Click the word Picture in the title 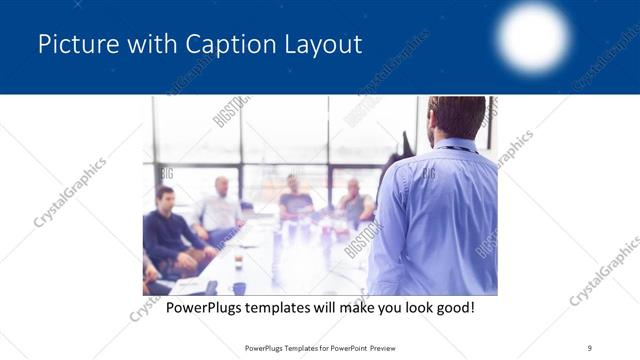(x=73, y=44)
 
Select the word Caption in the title (x=222, y=44)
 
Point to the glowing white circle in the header (x=533, y=37)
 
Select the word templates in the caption (x=283, y=307)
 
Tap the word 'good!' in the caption (x=454, y=307)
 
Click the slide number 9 (x=589, y=348)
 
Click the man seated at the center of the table (x=294, y=197)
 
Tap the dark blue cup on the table (x=239, y=288)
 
